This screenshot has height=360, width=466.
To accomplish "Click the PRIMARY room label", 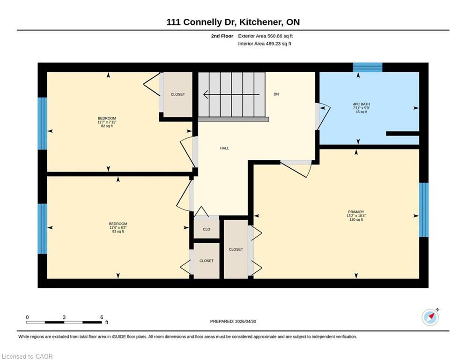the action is (356, 212).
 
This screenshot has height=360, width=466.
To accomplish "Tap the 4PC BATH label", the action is (362, 104).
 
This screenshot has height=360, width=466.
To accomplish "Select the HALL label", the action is (224, 148).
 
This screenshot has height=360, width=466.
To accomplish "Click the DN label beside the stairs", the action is (276, 94).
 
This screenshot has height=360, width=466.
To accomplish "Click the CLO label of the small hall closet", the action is (207, 229).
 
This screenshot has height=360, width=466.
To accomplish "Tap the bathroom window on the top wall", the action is (368, 67).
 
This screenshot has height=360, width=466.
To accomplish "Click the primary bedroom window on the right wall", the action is (424, 210).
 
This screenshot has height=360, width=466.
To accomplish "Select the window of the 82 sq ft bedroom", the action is (43, 123).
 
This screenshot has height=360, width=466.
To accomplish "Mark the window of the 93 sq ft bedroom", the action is (43, 229).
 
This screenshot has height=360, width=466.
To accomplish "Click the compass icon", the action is (430, 317).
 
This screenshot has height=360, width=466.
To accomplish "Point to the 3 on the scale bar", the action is (64, 317).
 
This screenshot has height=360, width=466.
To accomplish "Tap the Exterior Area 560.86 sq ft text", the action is (266, 36).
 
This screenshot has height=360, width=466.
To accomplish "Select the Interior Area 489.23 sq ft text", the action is (265, 44).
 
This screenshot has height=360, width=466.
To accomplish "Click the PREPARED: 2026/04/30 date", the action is (233, 321).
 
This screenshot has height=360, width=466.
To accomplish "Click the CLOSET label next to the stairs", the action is (178, 94).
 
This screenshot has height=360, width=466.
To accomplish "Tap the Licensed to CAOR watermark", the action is (27, 356).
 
